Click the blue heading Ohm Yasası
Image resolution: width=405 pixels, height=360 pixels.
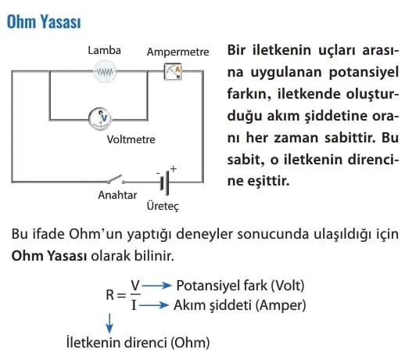tap(44, 21)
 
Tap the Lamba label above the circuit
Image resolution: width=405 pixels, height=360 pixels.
tap(104, 50)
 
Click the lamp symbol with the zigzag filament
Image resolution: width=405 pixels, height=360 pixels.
tap(105, 71)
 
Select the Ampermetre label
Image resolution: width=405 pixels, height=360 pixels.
tap(177, 52)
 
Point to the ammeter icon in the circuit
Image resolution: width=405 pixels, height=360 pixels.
tap(173, 71)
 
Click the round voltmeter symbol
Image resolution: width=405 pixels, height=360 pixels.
tap(100, 119)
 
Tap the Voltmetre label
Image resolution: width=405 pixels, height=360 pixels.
tap(131, 139)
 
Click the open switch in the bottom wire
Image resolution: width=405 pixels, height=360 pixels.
tap(116, 179)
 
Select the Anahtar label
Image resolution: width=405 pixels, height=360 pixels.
tap(117, 195)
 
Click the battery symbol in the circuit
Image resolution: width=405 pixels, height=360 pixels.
tap(165, 182)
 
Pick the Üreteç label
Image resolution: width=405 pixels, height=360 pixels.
tap(163, 206)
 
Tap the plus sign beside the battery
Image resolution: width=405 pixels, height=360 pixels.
tap(173, 169)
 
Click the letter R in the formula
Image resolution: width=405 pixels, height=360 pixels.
tap(110, 295)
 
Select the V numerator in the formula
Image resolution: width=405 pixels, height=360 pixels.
tap(135, 285)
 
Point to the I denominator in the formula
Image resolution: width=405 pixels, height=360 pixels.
tap(134, 304)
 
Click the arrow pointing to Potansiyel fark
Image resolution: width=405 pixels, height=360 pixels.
tap(156, 286)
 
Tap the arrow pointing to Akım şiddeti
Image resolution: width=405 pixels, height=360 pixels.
tap(153, 304)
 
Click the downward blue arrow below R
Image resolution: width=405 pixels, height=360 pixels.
tap(109, 323)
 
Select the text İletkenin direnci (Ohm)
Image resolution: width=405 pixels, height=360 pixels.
tap(138, 342)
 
